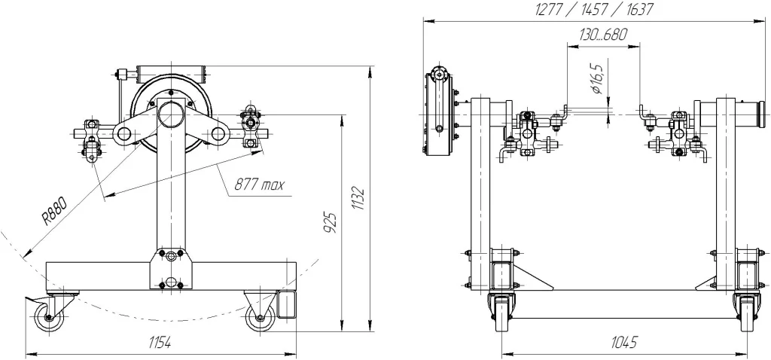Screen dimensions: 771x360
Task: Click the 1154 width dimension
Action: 160,343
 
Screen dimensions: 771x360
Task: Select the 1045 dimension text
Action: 624,342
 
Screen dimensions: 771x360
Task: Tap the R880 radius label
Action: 53,210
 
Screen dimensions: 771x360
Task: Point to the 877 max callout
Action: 259,185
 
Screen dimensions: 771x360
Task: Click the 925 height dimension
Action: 333,222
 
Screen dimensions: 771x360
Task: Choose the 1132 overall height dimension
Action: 360,199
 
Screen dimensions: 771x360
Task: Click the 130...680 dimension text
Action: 603,35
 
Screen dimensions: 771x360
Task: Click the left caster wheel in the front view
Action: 49,317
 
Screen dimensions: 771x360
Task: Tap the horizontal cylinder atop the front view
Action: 169,74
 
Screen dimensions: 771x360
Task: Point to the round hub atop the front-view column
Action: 171,115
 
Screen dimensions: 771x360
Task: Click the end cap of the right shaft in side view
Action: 763,114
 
